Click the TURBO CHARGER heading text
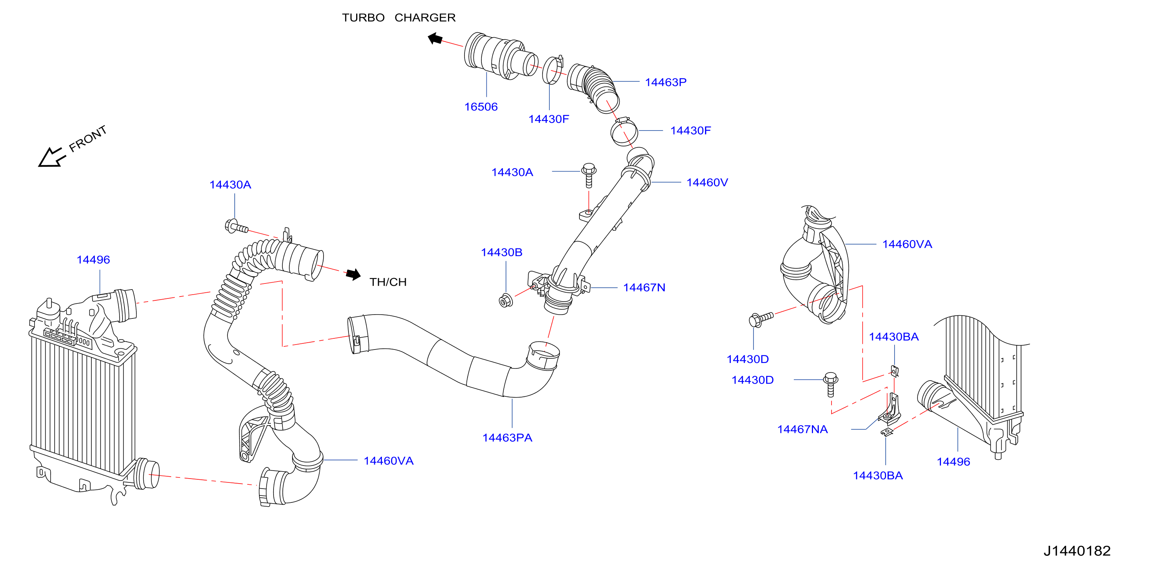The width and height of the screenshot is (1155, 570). click(398, 18)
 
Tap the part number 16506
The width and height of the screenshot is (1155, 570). click(481, 107)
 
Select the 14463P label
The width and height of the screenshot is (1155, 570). click(665, 82)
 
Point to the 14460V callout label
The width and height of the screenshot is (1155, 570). click(707, 182)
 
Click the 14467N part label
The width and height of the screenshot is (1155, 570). click(644, 287)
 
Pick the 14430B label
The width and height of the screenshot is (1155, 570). click(501, 252)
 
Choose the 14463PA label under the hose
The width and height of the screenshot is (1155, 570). click(507, 437)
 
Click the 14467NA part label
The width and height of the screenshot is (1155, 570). click(802, 429)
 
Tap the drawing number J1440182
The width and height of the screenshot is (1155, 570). click(1077, 551)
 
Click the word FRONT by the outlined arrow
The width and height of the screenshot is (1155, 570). click(88, 138)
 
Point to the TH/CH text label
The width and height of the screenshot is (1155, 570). click(388, 282)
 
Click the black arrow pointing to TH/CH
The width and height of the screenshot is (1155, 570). click(353, 274)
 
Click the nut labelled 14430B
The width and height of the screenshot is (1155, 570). click(505, 300)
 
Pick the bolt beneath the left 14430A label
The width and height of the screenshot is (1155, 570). click(236, 227)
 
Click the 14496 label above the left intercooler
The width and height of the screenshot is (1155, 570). click(93, 260)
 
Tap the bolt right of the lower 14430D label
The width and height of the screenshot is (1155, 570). click(831, 384)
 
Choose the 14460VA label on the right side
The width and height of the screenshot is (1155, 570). click(907, 244)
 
